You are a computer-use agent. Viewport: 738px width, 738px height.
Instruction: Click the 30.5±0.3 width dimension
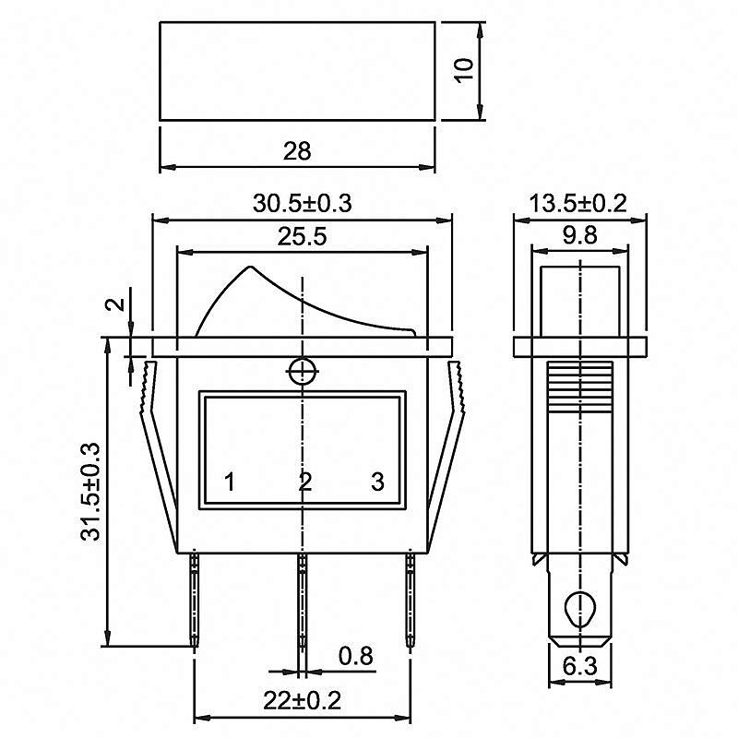[x=303, y=203]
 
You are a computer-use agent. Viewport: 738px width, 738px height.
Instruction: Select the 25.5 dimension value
[x=302, y=236]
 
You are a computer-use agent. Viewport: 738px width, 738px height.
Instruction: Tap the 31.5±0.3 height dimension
[x=90, y=492]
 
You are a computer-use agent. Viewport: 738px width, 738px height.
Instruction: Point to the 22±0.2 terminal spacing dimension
[x=302, y=701]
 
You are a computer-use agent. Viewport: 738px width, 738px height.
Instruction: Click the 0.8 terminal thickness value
[x=356, y=656]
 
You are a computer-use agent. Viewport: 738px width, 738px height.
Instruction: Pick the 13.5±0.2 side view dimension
[x=578, y=203]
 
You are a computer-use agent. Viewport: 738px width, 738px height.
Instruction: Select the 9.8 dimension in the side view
[x=580, y=235]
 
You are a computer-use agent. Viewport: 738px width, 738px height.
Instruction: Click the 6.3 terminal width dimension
[x=580, y=666]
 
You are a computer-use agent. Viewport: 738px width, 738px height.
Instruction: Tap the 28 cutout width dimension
[x=297, y=151]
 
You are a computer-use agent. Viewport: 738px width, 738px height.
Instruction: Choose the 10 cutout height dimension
[x=464, y=70]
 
